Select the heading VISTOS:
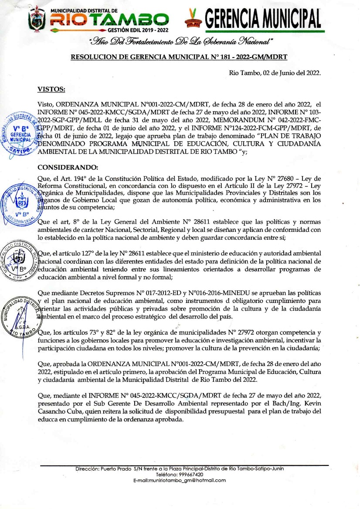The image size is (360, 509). (51, 89)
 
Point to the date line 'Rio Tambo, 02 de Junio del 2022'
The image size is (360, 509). (275, 72)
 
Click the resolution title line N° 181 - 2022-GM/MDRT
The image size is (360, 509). (179, 57)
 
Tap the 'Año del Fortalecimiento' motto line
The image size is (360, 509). (180, 42)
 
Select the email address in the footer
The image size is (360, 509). (180, 480)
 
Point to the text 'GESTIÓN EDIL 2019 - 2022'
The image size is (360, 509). (138, 31)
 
